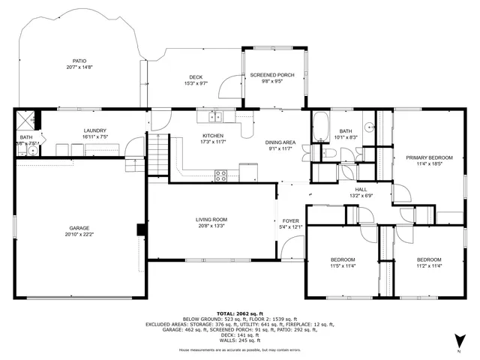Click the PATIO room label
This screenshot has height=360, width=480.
click(79, 61)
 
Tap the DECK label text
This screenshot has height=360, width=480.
click(196, 76)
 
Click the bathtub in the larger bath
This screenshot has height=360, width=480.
click(319, 127)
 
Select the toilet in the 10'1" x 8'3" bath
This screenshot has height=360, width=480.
click(328, 153)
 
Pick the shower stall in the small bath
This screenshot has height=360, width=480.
click(28, 121)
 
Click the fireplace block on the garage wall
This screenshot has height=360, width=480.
click(140, 229)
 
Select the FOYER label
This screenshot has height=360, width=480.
click(290, 220)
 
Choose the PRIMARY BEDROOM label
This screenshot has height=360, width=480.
click(429, 157)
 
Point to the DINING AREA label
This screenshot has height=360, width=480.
click(279, 142)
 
